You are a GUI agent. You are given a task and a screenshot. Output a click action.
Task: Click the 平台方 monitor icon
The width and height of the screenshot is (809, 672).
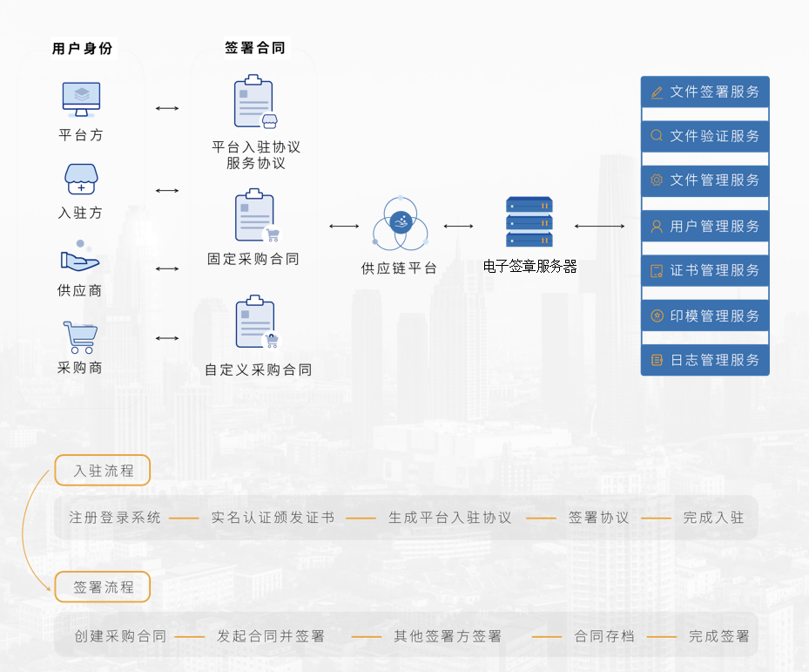(x=82, y=99)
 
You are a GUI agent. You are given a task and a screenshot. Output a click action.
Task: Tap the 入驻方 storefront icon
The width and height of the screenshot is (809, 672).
(x=81, y=180)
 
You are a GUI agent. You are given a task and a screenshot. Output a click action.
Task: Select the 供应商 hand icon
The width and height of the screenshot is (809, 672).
(x=79, y=256)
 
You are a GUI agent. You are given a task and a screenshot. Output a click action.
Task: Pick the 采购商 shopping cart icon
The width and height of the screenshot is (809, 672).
(x=80, y=337)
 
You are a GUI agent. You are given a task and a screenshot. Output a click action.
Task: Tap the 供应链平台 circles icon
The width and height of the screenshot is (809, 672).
(x=401, y=223)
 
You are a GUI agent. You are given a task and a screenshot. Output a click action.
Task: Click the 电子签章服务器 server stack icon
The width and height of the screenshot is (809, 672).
(x=529, y=221)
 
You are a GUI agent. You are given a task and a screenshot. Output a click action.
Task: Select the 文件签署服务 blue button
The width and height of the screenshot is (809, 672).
(x=705, y=92)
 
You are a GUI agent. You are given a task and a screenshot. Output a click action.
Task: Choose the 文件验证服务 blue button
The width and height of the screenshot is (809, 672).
(x=705, y=136)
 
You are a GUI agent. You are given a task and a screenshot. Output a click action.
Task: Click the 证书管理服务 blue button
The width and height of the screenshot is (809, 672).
(x=705, y=270)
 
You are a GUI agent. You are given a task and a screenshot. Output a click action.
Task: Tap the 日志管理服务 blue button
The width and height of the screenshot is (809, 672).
(x=705, y=360)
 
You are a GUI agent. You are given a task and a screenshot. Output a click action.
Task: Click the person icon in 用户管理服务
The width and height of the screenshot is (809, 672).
(x=657, y=227)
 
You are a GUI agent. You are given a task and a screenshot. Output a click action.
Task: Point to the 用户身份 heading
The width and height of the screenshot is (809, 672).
(x=82, y=49)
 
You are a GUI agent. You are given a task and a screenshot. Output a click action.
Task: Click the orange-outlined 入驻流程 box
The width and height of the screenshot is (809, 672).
(x=103, y=470)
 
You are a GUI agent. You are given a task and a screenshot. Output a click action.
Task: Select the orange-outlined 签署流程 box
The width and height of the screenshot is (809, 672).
(x=103, y=587)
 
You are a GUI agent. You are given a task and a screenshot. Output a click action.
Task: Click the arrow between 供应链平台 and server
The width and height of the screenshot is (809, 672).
(x=458, y=226)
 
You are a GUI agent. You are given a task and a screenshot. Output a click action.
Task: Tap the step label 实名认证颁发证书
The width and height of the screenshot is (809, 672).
(x=273, y=518)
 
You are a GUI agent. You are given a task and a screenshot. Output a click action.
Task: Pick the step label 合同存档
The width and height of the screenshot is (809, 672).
(x=604, y=636)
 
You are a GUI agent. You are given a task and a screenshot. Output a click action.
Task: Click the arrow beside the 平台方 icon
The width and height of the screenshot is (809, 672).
(x=167, y=108)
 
